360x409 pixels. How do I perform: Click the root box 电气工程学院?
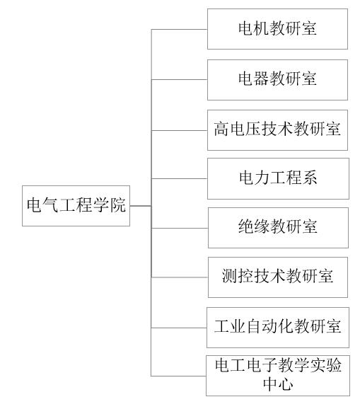click(76, 206)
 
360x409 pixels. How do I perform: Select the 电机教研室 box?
click(277, 29)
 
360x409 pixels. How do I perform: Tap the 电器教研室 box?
click(277, 80)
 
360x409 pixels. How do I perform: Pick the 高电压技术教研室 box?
click(277, 130)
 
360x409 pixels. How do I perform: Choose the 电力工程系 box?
click(278, 179)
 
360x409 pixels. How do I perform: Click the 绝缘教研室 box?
click(278, 228)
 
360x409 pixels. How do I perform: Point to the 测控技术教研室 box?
click(278, 277)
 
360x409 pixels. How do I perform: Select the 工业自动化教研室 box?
click(278, 328)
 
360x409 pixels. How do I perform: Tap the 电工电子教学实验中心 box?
click(278, 376)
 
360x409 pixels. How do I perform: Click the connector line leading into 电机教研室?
click(180, 29)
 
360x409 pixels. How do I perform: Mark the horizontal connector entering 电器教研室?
click(180, 79)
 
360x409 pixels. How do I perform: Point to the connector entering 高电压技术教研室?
click(180, 130)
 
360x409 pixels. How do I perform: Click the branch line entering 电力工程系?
click(180, 179)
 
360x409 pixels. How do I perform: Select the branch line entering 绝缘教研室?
click(180, 229)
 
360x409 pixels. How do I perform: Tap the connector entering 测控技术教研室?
click(180, 277)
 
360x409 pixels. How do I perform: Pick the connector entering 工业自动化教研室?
click(179, 328)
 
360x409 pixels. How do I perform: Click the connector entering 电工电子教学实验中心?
click(178, 376)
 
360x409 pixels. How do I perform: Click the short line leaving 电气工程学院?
click(141, 206)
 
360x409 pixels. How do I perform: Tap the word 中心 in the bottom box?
click(278, 384)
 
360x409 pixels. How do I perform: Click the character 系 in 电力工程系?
click(309, 178)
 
